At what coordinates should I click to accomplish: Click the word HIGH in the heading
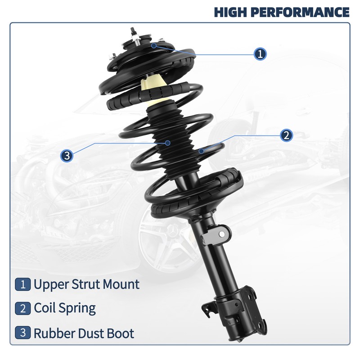229,12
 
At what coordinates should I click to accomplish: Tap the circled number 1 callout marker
260,54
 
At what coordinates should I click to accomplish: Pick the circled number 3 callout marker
67,156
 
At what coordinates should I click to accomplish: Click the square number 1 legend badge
22,284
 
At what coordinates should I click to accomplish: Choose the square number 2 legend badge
22,309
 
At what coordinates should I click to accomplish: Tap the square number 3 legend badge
22,333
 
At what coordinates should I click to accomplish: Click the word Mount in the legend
120,284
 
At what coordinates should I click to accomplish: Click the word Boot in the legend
120,333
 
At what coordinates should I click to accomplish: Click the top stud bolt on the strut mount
134,32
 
